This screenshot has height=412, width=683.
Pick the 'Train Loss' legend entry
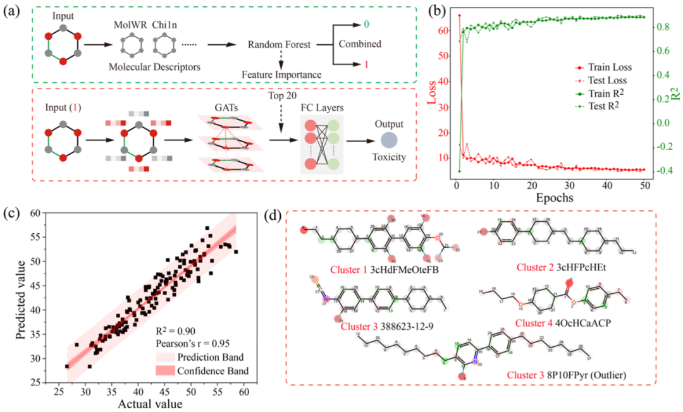pyautogui.click(x=610, y=66)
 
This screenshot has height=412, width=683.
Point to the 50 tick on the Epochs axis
pyautogui.click(x=644, y=185)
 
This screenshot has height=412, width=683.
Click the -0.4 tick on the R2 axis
pyautogui.click(x=661, y=171)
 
